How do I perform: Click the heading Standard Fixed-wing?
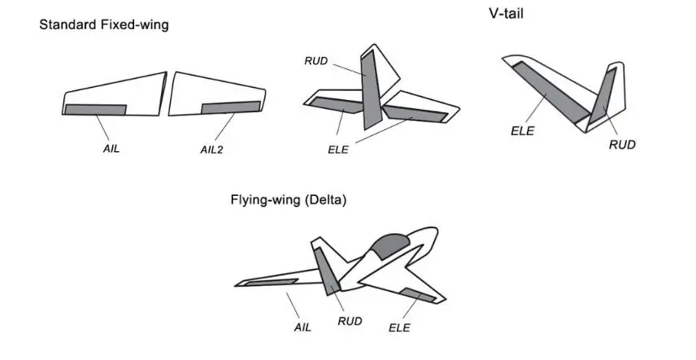tap(104, 25)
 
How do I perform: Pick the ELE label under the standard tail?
tap(337, 150)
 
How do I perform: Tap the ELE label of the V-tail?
tap(523, 131)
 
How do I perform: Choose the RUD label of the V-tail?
tap(622, 145)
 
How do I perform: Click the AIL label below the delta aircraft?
tap(302, 327)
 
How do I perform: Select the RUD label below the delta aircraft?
tap(350, 321)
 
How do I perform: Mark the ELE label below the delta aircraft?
tap(399, 327)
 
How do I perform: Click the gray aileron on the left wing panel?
tap(95, 109)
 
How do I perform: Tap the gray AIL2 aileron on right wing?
tap(231, 106)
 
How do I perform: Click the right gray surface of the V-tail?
tap(605, 92)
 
